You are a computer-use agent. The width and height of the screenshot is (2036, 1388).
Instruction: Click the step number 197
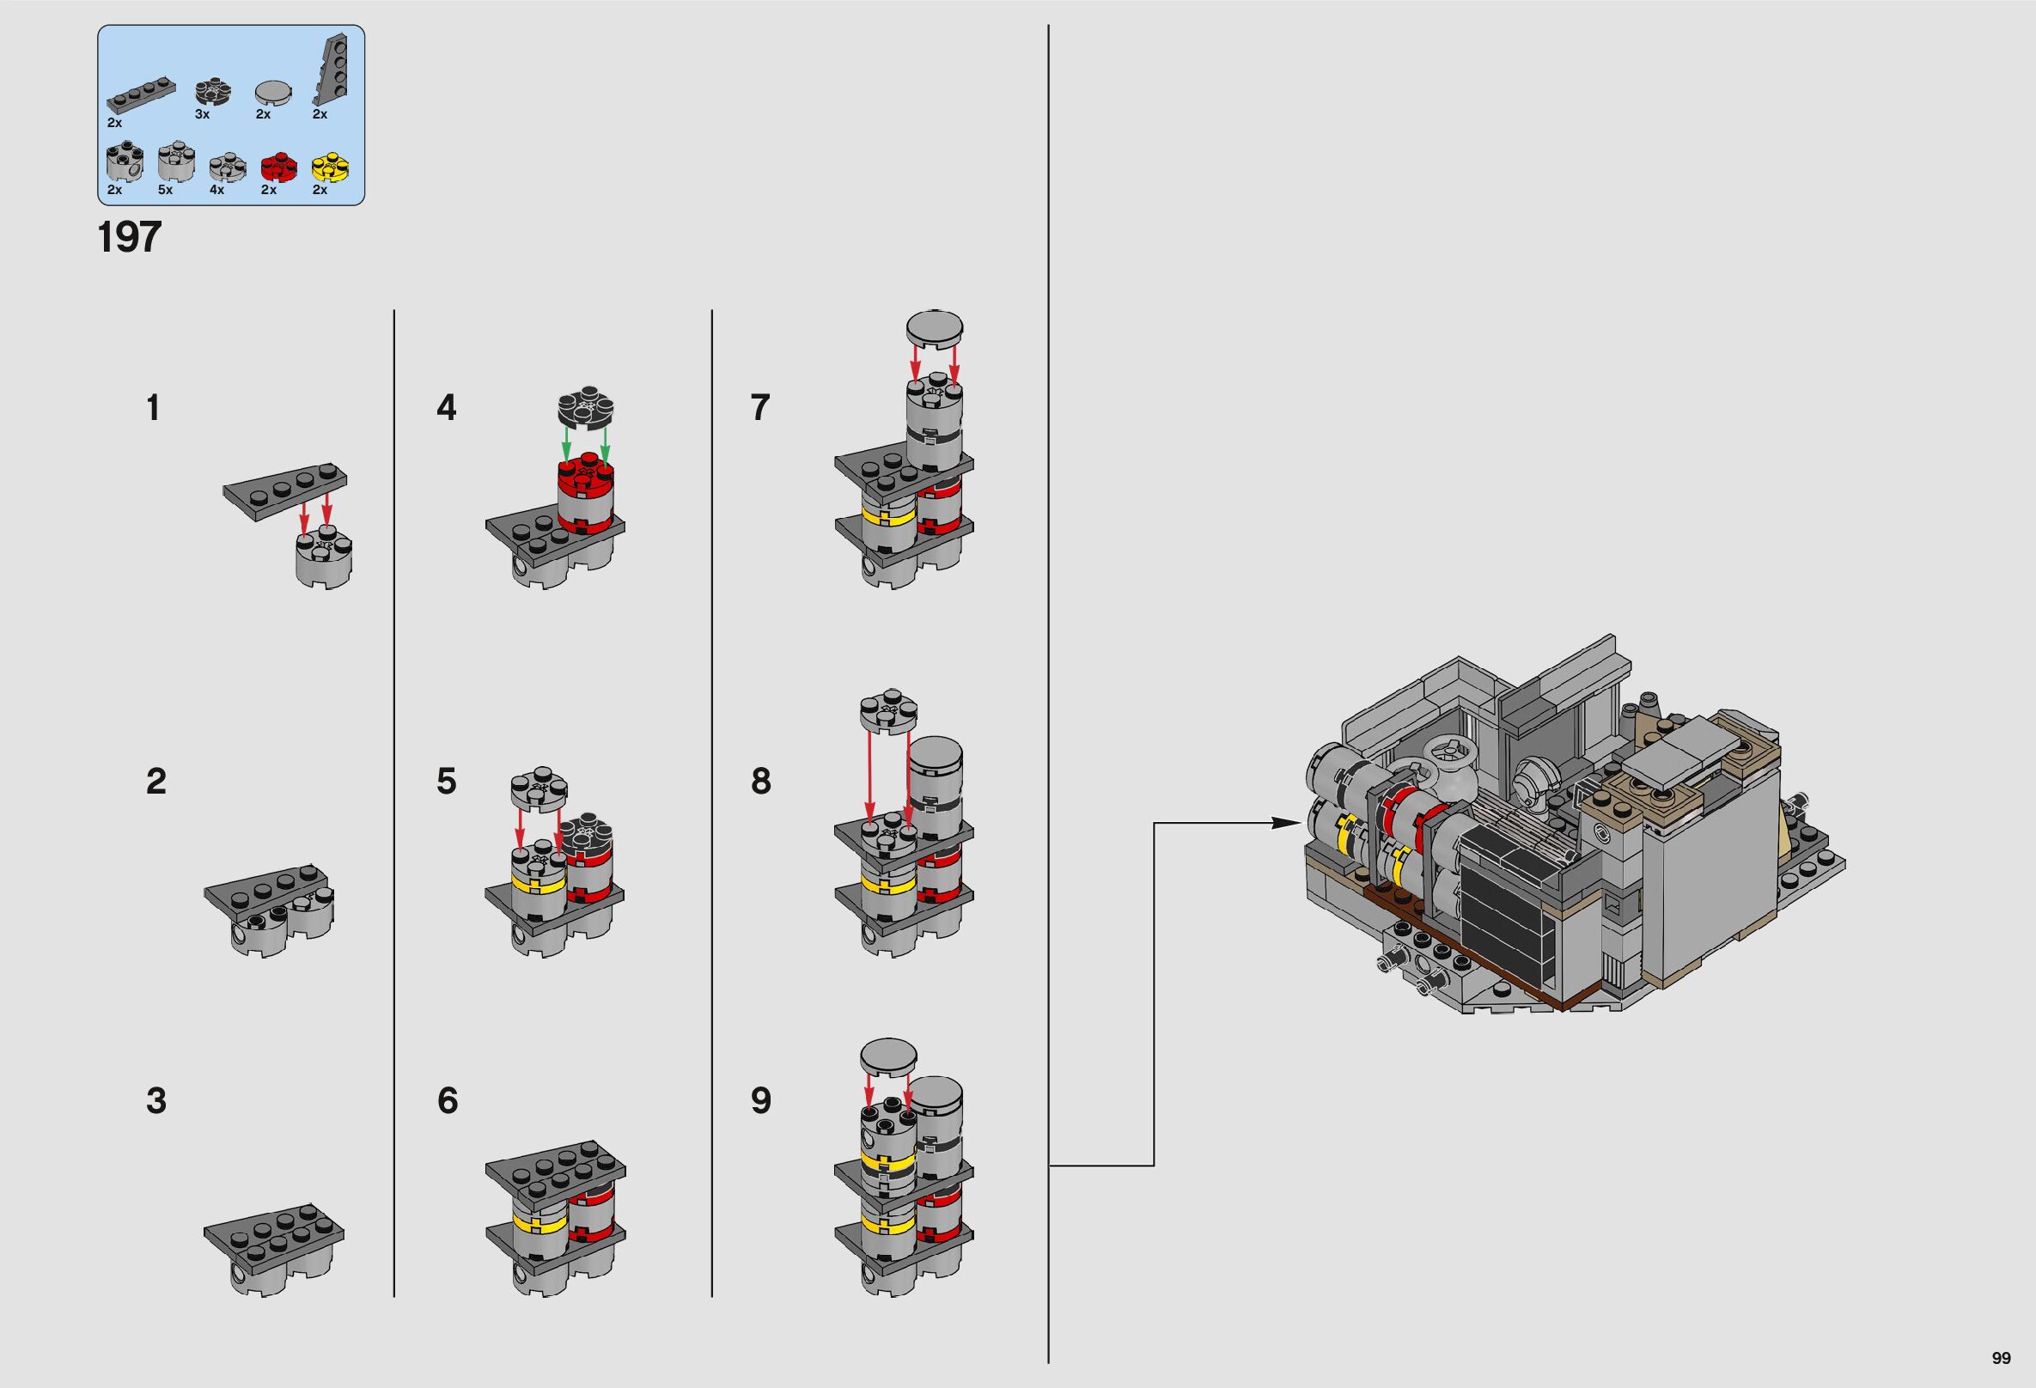130,237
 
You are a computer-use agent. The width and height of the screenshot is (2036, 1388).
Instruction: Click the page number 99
2000,1358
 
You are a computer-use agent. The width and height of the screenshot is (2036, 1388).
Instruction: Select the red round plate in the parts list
274,165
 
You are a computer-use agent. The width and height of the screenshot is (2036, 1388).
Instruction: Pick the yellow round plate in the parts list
325,165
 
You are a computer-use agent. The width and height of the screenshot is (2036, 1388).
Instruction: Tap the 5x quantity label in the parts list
166,190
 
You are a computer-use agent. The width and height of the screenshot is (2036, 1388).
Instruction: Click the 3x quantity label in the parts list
203,115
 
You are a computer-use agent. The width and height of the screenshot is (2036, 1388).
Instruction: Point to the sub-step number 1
153,408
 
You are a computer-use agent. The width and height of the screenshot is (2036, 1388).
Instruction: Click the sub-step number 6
447,1101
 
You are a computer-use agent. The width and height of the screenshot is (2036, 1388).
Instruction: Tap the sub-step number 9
760,1101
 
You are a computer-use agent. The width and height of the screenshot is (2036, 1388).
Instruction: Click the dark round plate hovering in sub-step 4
586,407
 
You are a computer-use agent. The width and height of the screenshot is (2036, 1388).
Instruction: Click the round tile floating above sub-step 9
888,1058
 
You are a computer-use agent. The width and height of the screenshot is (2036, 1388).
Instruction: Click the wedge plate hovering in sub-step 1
285,496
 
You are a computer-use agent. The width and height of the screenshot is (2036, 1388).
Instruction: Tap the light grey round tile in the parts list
269,93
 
